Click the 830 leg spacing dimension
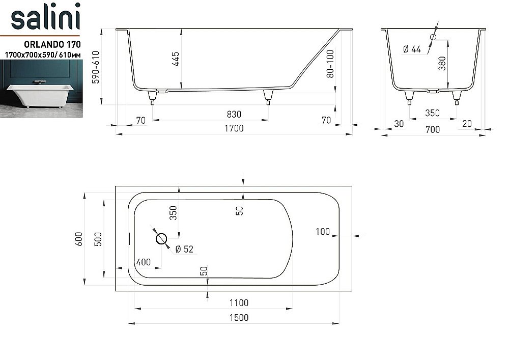pyautogui.click(x=234, y=114)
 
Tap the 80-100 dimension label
pyautogui.click(x=330, y=63)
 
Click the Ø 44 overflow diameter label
pyautogui.click(x=412, y=49)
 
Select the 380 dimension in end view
pyautogui.click(x=442, y=63)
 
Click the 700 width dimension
pyautogui.click(x=432, y=130)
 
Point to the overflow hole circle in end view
pyautogui.click(x=433, y=37)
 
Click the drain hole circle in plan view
pyautogui.click(x=162, y=238)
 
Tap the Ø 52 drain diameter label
pyautogui.click(x=184, y=249)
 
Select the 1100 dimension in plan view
pyautogui.click(x=238, y=303)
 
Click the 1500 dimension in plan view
pyautogui.click(x=238, y=318)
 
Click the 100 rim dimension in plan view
pyautogui.click(x=323, y=232)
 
